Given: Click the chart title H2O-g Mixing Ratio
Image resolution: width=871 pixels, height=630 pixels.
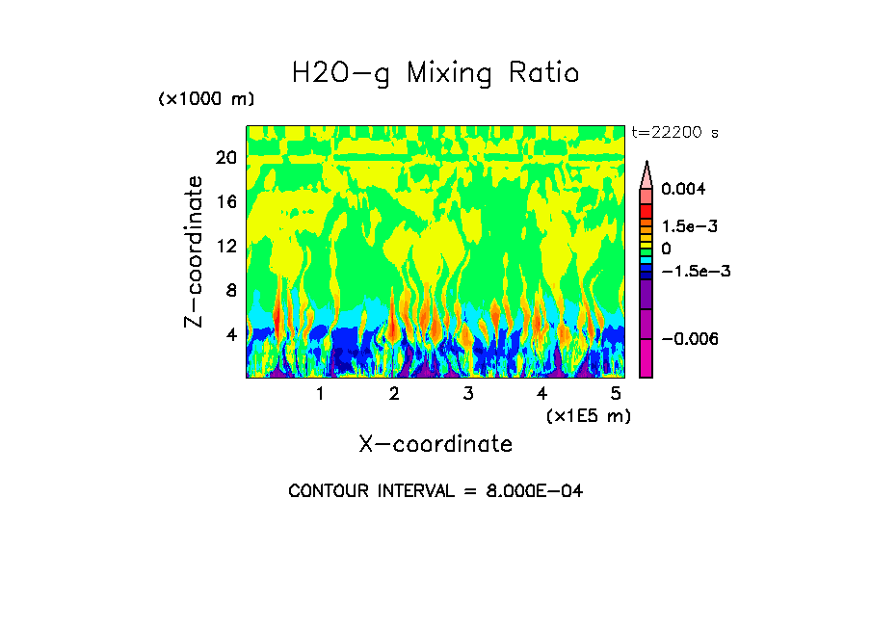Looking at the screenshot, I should click(x=435, y=73).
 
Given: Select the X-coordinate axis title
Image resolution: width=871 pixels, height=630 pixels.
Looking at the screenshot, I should click(x=435, y=444).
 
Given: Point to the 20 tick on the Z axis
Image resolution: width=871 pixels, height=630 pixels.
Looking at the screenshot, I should click(x=225, y=158).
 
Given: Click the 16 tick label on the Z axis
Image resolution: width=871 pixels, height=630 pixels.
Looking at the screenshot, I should click(x=225, y=202).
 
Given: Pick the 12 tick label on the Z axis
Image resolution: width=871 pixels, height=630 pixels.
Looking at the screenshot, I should click(x=225, y=247).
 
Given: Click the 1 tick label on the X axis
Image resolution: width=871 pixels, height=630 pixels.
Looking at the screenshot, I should click(x=320, y=394).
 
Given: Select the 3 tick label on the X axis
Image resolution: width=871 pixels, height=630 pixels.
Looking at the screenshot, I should click(x=467, y=394).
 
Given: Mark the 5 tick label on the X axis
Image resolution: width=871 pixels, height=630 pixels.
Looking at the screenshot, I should click(x=615, y=394).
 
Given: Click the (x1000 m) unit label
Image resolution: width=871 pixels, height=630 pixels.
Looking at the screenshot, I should click(x=206, y=100).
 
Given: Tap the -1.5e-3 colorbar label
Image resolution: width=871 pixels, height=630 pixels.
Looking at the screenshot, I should click(x=696, y=271).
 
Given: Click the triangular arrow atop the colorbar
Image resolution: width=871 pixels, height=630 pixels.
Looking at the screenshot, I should click(x=647, y=173).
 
